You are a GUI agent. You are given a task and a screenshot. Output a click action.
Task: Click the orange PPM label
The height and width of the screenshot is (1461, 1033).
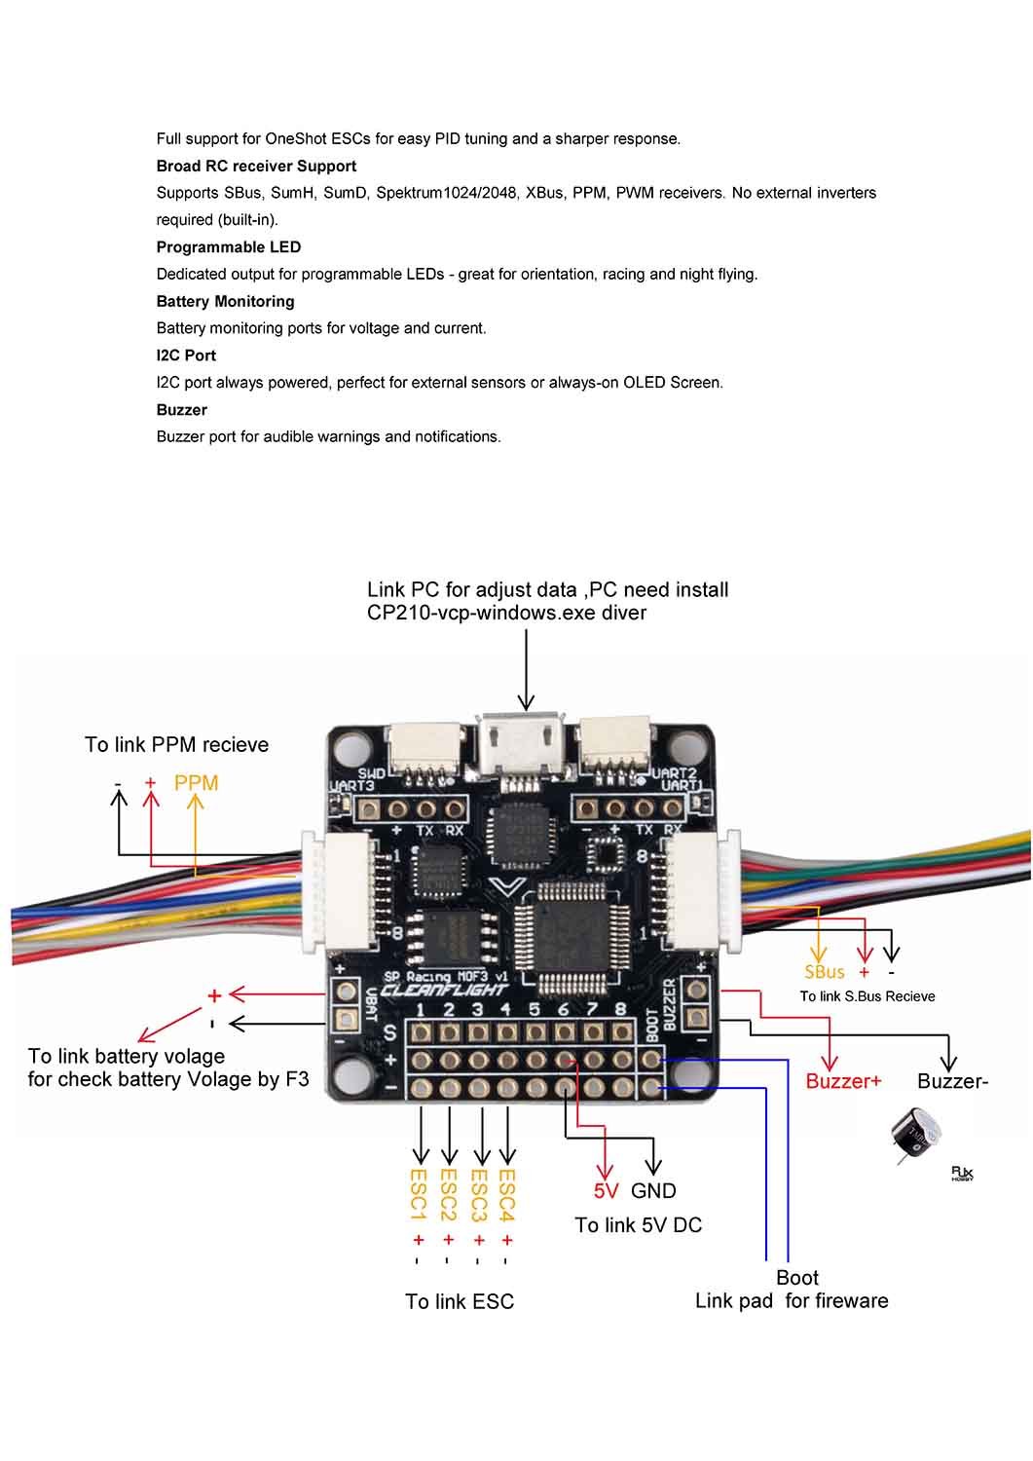point(196,783)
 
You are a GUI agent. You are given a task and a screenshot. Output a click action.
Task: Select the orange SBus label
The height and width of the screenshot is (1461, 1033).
point(825,971)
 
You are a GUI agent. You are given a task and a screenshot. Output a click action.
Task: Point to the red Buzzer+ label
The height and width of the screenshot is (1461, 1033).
point(843,1081)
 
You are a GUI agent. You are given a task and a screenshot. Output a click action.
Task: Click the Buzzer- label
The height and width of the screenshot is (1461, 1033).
point(952,1081)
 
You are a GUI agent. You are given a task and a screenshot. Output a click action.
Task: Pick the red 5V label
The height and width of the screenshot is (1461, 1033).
point(607,1190)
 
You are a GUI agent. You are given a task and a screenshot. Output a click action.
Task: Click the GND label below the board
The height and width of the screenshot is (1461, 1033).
point(653,1190)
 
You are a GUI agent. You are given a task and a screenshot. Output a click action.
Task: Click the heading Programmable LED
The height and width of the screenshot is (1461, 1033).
point(229,247)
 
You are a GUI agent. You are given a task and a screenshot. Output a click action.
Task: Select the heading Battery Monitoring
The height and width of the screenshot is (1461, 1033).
point(225,302)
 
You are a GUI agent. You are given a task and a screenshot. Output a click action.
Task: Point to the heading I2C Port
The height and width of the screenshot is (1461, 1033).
point(186,356)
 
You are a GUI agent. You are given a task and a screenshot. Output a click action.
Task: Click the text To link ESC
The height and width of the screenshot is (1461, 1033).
point(460,1301)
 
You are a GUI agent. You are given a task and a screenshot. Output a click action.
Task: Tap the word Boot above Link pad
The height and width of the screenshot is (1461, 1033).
point(797,1278)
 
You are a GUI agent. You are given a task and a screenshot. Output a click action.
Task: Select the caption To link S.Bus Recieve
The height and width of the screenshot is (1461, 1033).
point(867,996)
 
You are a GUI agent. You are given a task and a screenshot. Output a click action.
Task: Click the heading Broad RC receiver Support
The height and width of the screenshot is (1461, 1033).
point(256,167)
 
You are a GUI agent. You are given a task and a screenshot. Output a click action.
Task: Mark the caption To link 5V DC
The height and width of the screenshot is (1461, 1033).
point(638,1225)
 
